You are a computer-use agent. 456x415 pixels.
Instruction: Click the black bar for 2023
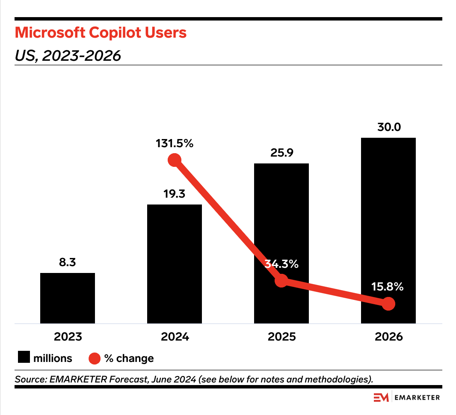point(68,298)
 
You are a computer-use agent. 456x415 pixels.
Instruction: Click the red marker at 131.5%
point(175,160)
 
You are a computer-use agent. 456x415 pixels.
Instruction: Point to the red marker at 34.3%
point(281,281)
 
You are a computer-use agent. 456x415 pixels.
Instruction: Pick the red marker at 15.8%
point(388,304)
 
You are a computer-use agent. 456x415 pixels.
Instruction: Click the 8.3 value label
point(68,262)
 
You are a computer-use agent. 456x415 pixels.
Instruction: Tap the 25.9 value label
point(281,153)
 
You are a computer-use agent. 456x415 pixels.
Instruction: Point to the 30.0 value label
point(388,127)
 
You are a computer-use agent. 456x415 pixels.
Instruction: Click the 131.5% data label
point(175,143)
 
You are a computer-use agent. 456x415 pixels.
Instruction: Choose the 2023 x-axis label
point(68,337)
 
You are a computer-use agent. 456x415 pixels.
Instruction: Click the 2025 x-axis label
point(281,337)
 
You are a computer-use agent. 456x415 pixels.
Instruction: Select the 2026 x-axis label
point(388,337)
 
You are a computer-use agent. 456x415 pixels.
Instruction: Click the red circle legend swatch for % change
point(95,358)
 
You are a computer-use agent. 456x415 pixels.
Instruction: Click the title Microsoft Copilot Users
point(101,33)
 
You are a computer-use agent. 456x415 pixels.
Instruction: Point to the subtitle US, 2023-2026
point(68,55)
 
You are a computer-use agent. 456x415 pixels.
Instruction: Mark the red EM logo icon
point(381,397)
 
